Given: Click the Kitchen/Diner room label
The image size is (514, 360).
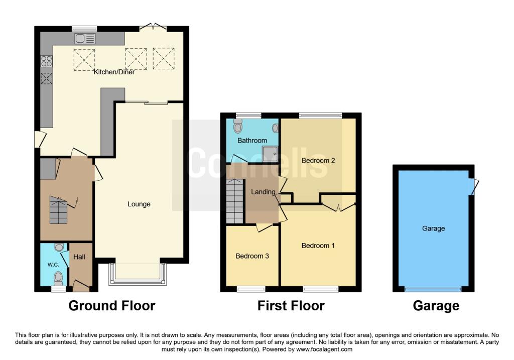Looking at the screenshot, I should point(114,72).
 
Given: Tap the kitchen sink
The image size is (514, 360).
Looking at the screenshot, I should point(85,38).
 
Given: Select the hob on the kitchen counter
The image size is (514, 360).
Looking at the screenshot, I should point(47,61).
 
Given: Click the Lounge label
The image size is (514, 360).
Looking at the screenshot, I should point(139,204).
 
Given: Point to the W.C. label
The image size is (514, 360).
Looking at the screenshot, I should point(54,265).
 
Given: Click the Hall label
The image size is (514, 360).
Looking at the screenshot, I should point(79,257).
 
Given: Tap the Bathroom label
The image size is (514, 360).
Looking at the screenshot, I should point(252,141).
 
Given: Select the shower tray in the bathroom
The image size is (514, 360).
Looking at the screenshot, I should point(269,152).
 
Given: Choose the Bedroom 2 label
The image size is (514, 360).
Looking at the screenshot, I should point(318,161).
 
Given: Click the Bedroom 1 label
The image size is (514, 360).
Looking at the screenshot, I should point(318,246).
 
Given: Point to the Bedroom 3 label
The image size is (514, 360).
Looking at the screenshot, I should point(252,256).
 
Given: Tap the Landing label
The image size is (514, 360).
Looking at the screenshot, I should point(264,192).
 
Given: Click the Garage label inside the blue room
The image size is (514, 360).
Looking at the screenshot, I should point(433,228).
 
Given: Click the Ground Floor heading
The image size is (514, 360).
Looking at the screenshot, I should point(111,305).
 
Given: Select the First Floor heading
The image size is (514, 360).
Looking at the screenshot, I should point(291,305).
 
